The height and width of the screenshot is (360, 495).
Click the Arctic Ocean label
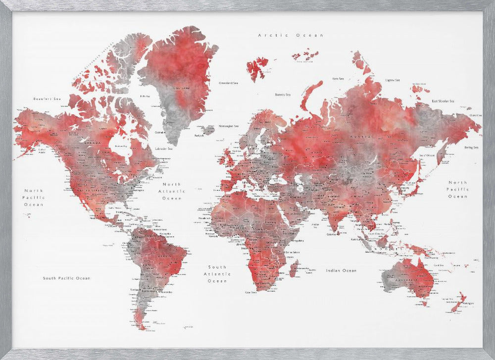point(291,36)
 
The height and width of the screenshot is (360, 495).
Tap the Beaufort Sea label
point(47,99)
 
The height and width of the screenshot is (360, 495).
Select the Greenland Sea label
point(229,83)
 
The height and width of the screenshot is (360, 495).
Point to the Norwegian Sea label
point(229,125)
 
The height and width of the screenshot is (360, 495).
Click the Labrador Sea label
point(163,149)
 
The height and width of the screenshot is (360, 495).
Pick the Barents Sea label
point(283,94)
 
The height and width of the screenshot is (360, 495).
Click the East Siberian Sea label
point(443,101)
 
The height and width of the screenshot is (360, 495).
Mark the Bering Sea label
point(471,147)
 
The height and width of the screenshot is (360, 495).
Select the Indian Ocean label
point(341,270)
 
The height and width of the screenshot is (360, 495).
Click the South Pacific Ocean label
point(66,278)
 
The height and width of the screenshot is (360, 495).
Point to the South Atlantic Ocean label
point(217,274)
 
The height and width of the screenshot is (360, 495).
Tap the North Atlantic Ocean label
point(172,191)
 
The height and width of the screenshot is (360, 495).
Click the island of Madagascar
point(293,269)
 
